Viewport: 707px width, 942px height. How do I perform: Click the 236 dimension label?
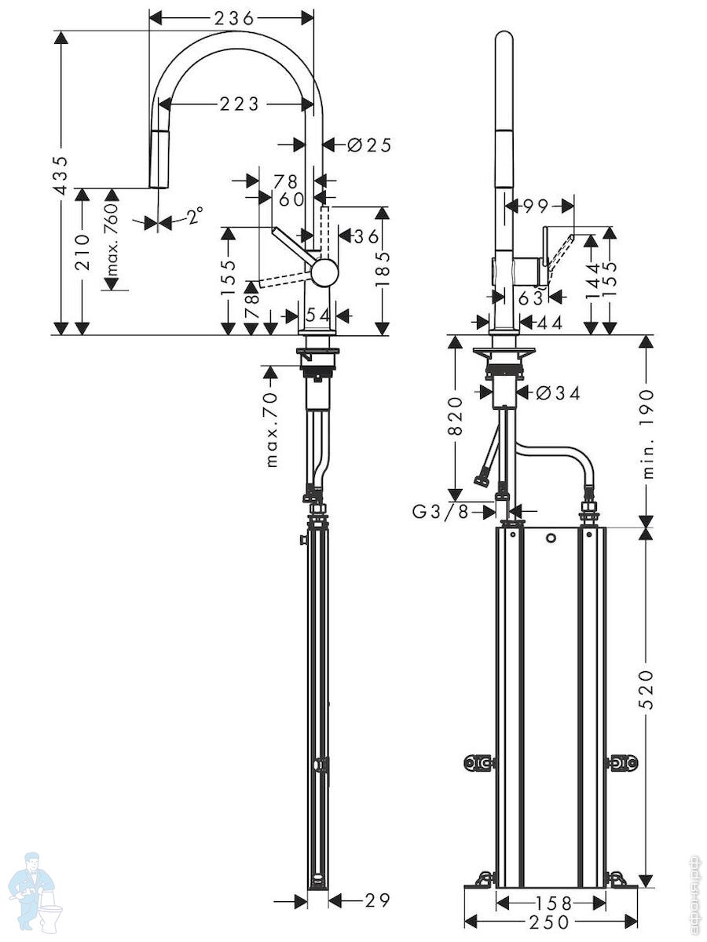pyautogui.click(x=234, y=19)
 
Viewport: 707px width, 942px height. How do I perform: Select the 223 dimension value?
pyautogui.click(x=240, y=104)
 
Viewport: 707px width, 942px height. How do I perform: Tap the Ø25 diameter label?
pyautogui.click(x=369, y=145)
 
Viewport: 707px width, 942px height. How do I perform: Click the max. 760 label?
pyautogui.click(x=112, y=239)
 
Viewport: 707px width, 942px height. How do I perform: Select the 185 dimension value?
pyautogui.click(x=383, y=269)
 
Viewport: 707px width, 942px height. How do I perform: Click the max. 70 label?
pyautogui.click(x=272, y=429)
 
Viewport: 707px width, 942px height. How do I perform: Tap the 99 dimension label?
pyautogui.click(x=535, y=207)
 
